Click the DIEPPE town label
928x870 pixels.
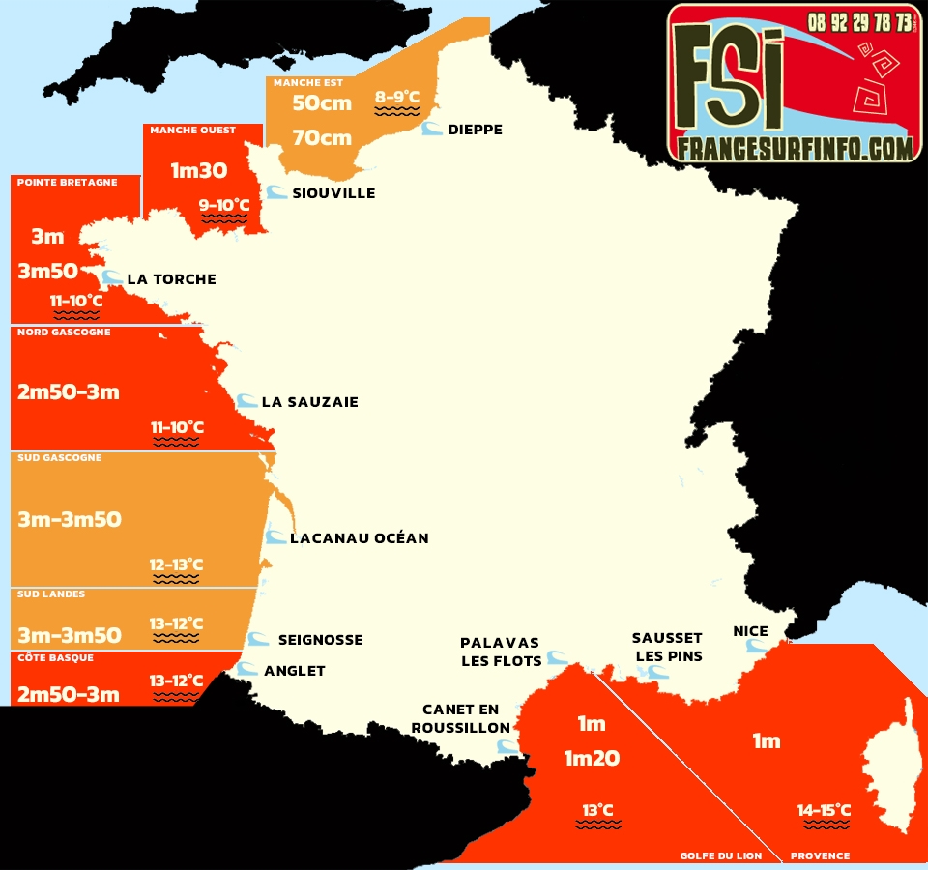pos(475,130)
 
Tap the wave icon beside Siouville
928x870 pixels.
pos(276,192)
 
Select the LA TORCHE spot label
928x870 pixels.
pos(171,279)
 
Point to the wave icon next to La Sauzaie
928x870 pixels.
pos(246,401)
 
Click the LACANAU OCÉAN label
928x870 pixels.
pos(359,537)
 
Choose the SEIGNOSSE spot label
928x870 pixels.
pos(320,640)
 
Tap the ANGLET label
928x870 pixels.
pos(295,671)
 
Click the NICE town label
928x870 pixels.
pos(750,631)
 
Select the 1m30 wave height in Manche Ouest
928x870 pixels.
pos(199,171)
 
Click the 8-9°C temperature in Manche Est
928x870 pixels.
pos(397,97)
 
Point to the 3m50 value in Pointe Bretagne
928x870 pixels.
pos(47,272)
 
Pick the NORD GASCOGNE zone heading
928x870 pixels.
pos(64,333)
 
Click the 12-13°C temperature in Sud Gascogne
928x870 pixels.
pos(176,565)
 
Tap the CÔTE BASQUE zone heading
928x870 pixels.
pos(55,657)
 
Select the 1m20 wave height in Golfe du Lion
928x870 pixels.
pos(592,759)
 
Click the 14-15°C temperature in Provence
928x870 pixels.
pos(824,810)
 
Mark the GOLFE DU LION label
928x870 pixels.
pos(720,855)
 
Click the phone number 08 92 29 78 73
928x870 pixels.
pos(859,21)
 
